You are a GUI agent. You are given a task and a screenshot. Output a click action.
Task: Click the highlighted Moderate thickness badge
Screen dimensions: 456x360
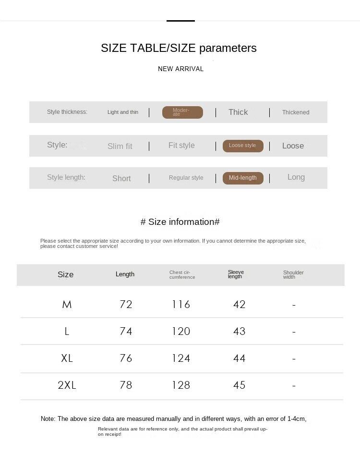[182, 112]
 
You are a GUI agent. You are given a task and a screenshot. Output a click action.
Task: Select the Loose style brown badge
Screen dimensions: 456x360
[243, 146]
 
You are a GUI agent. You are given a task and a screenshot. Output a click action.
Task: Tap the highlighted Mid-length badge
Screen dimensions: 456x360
[243, 178]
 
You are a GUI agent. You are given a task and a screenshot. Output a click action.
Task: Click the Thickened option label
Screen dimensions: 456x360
[296, 112]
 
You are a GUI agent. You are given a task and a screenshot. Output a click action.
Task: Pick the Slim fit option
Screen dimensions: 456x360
[120, 146]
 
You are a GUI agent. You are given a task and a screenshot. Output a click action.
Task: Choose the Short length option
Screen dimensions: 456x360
[121, 178]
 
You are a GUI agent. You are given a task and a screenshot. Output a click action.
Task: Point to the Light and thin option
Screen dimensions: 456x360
[123, 112]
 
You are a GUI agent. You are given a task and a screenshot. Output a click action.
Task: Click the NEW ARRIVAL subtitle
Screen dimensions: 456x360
[180, 69]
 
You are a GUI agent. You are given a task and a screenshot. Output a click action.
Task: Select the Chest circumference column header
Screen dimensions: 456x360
[182, 275]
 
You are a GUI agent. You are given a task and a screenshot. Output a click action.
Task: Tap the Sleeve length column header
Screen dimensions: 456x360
[236, 274]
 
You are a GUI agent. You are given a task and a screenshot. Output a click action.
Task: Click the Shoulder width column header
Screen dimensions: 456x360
[293, 274]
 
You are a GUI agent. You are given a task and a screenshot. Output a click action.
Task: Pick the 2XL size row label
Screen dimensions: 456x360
[67, 385]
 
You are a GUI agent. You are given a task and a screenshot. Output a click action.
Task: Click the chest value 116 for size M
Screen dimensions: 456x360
[181, 304]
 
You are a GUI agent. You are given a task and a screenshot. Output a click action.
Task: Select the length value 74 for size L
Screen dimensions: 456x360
[126, 331]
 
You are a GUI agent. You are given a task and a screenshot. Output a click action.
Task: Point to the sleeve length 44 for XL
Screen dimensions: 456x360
[239, 358]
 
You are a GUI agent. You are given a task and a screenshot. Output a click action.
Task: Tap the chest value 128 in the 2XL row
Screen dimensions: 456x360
[181, 385]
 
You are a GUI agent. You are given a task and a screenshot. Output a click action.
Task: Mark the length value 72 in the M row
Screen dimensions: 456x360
[126, 304]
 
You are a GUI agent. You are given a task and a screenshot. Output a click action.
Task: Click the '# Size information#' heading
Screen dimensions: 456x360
[180, 222]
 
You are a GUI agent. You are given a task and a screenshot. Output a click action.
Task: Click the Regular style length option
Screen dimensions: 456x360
[186, 178]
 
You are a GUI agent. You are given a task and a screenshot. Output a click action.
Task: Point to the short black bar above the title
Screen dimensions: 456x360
[180, 21]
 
